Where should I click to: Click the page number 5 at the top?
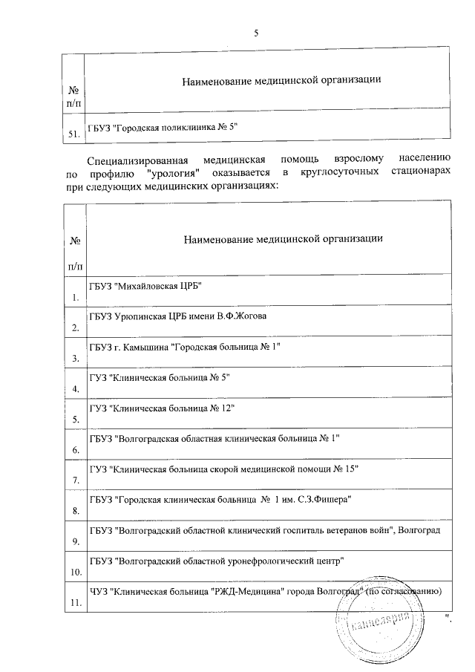(257, 33)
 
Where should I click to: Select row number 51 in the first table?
(73, 132)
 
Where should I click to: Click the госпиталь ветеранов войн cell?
(265, 531)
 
